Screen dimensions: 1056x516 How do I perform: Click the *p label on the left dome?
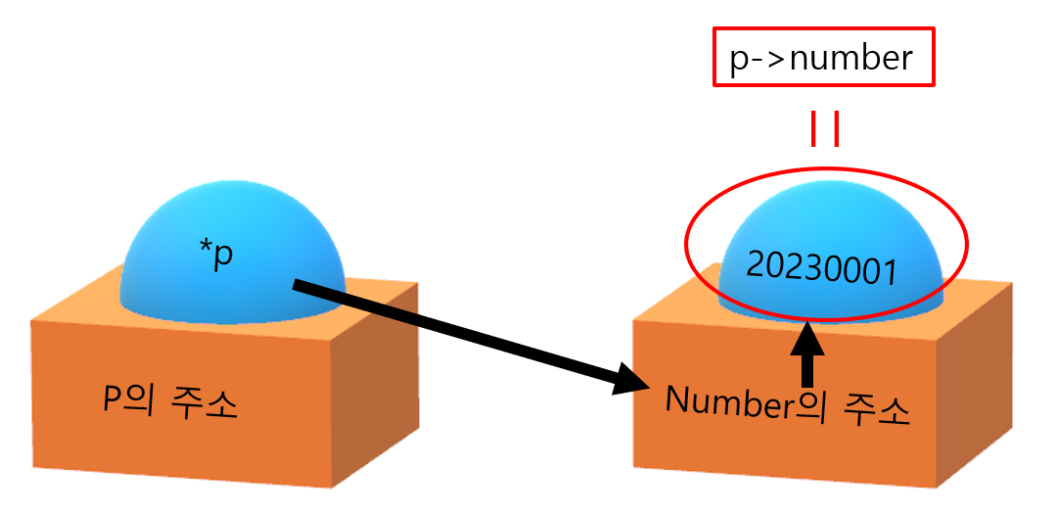click(216, 257)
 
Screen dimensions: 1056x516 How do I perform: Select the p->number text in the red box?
click(821, 59)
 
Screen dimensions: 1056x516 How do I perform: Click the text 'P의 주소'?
click(170, 402)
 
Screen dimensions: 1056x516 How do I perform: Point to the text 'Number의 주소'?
click(788, 403)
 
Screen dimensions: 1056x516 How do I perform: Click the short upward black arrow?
click(807, 355)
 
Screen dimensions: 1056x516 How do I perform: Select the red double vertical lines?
click(824, 129)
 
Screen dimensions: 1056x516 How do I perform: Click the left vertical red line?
click(812, 129)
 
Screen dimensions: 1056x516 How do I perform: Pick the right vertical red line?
click(837, 129)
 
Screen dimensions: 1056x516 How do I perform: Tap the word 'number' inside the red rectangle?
click(850, 59)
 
